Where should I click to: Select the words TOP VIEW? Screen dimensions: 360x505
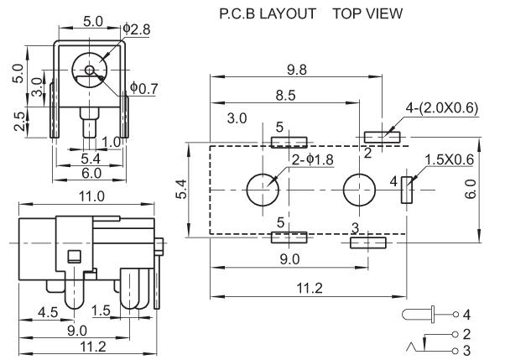coord(367,14)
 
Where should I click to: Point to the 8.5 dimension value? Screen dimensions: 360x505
coord(286,97)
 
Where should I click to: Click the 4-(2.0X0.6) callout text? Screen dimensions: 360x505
coord(441,108)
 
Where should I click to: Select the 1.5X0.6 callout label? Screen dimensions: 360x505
coord(450,159)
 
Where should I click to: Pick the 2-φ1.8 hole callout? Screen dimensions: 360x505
coord(313,159)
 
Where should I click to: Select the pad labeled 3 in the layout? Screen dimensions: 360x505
coord(367,243)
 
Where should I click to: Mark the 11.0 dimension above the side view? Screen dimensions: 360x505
coord(91,196)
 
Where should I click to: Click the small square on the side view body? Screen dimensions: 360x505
coord(75,258)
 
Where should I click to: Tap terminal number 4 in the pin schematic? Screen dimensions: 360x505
coord(467,315)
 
